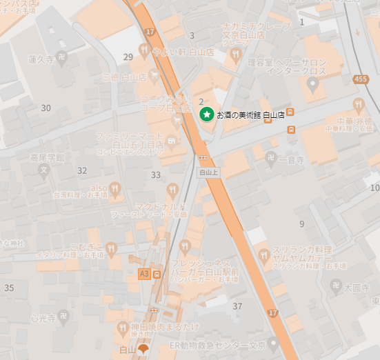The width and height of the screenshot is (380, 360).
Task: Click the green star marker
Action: click(206, 114)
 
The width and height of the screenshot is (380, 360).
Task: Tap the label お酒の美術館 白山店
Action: click(250, 114)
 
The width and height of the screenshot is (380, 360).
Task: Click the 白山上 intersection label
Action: click(208, 172)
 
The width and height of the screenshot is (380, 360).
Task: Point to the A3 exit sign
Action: click(144, 274)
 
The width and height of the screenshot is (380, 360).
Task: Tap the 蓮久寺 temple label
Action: click(41, 61)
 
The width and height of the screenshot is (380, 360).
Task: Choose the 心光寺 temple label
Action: click(42, 319)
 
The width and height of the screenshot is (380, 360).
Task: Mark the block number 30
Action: click(46, 108)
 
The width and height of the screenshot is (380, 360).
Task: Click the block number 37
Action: click(238, 306)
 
